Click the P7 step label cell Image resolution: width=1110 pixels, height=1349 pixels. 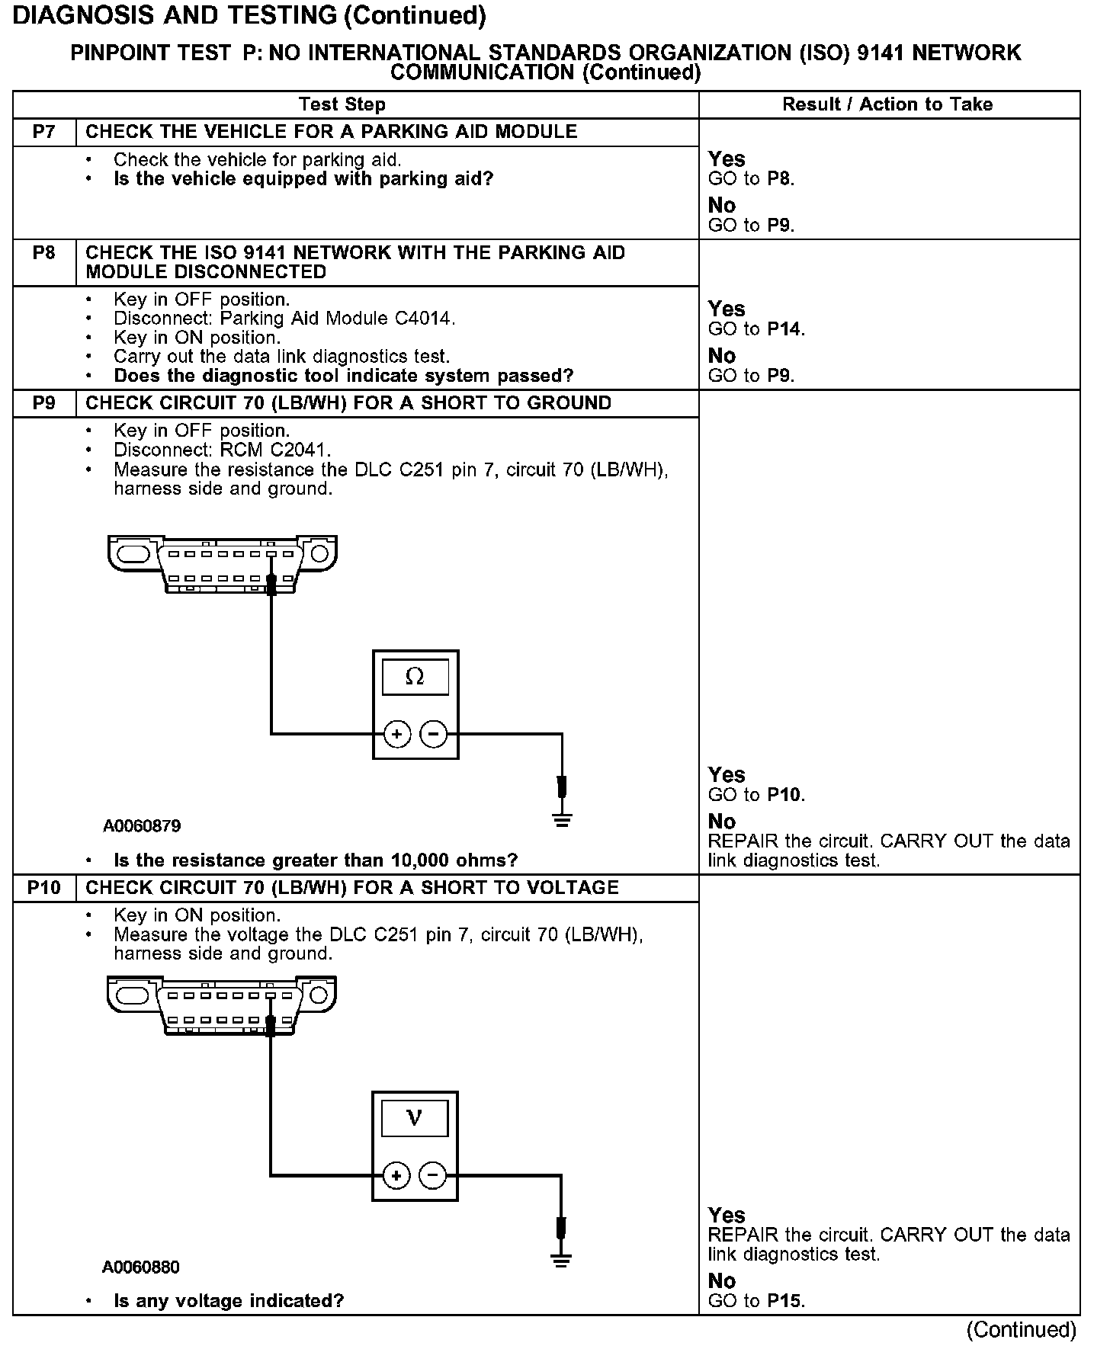[x=44, y=132]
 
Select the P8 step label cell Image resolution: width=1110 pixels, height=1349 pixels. [x=44, y=253]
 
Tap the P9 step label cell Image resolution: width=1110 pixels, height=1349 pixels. [x=44, y=403]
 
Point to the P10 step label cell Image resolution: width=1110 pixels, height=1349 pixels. [x=44, y=888]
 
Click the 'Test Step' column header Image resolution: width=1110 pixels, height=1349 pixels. [x=342, y=104]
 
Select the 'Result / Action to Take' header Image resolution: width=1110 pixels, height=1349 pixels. [x=887, y=104]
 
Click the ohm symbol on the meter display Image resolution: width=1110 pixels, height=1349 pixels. [x=415, y=676]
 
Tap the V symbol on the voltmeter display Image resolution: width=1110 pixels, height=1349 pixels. [x=415, y=1118]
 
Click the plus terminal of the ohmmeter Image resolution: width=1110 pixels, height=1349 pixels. [x=396, y=735]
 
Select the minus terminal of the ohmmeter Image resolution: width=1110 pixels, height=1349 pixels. [x=434, y=735]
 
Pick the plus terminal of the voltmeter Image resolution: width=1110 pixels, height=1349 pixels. [x=396, y=1176]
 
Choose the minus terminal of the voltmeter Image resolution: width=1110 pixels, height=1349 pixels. [x=433, y=1176]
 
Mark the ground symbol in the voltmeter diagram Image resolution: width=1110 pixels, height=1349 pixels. [x=561, y=1261]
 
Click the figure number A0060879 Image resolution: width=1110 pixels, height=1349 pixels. [x=143, y=826]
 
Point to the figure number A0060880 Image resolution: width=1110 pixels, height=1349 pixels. [x=141, y=1267]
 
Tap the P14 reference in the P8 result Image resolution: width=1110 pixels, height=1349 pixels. [x=785, y=329]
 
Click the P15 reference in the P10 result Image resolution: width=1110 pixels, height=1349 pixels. [x=785, y=1301]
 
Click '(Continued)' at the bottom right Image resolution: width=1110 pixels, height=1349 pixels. [x=1021, y=1330]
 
